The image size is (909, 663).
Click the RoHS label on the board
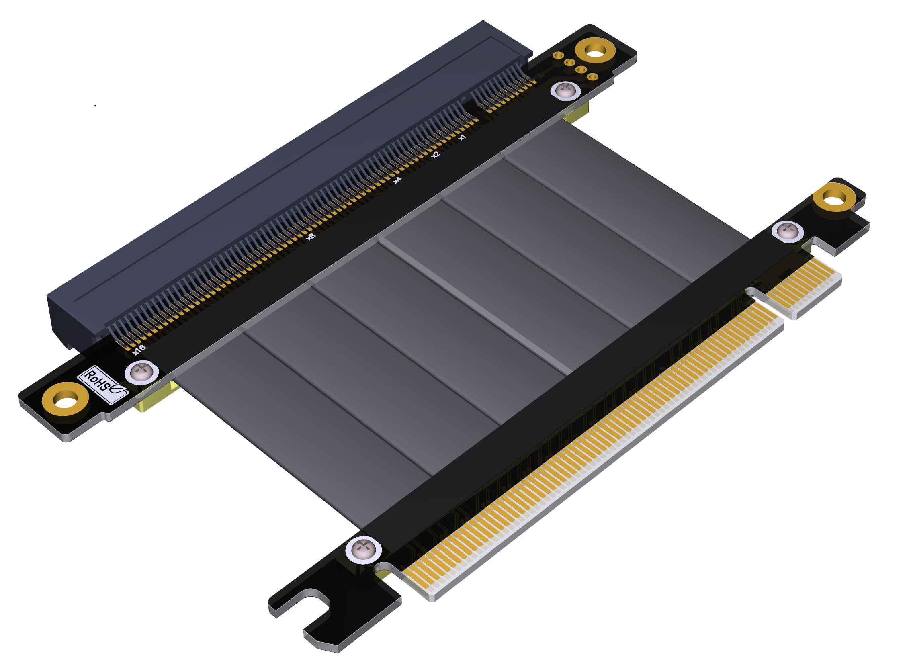(x=103, y=384)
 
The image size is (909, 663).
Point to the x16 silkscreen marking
(x=139, y=349)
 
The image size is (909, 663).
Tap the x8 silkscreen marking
(x=311, y=237)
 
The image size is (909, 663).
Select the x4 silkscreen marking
(x=397, y=180)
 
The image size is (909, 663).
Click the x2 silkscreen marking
(x=436, y=155)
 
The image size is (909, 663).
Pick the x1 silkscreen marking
(x=462, y=137)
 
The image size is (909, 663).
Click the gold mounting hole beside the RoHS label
(x=66, y=400)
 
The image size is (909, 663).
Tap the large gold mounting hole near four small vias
(x=595, y=51)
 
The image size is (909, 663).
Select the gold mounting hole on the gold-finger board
(x=834, y=197)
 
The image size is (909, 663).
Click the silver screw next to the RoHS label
(x=141, y=372)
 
